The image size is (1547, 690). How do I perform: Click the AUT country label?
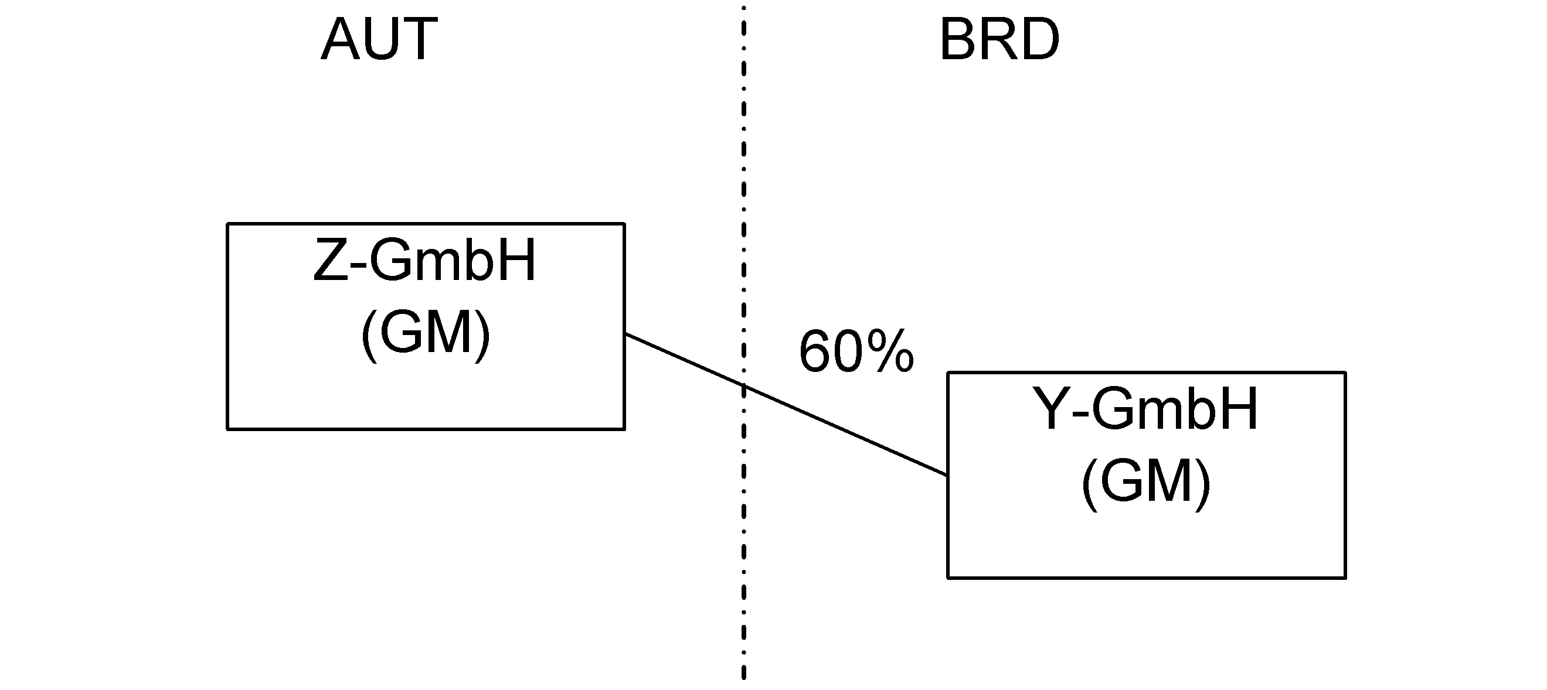379,40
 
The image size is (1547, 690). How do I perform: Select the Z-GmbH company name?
424,261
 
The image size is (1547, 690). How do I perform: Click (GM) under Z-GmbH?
425,334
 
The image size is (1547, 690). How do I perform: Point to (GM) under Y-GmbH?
1145,483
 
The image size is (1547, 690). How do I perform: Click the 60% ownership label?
856,351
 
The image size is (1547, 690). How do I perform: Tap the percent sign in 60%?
890,351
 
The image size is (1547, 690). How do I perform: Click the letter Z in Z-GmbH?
330,261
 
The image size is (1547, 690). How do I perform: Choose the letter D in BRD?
1038,40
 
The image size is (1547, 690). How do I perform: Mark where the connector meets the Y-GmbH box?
948,475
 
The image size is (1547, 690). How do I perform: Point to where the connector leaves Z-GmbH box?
625,335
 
